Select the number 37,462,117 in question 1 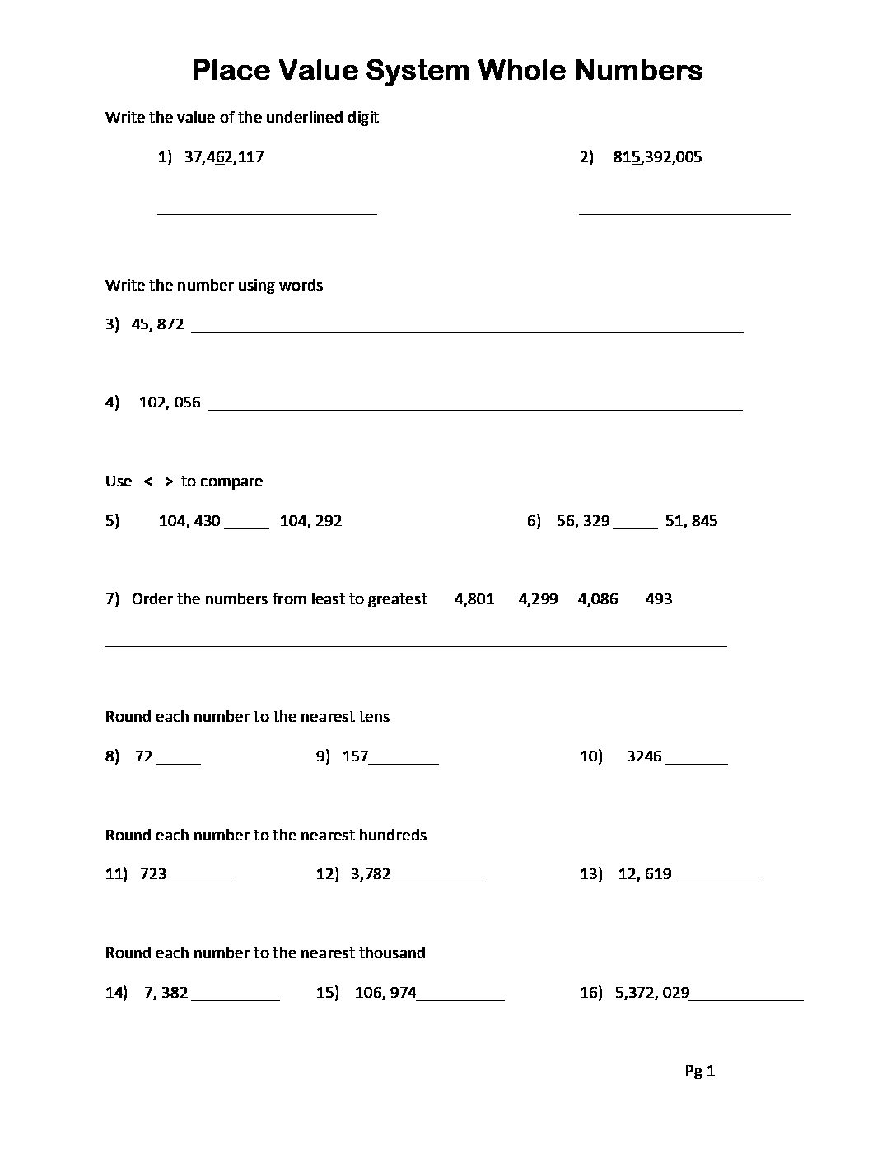[224, 157]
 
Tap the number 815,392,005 [657, 157]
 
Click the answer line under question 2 [684, 212]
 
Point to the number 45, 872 [157, 324]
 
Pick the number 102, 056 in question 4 [170, 403]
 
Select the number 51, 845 [691, 521]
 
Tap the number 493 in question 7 [659, 599]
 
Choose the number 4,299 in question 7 [538, 599]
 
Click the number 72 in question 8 [144, 756]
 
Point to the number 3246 [644, 756]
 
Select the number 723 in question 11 [154, 874]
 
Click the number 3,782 [371, 874]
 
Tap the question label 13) [590, 874]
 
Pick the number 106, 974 [385, 993]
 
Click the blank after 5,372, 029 [746, 998]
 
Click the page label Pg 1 [700, 1071]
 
